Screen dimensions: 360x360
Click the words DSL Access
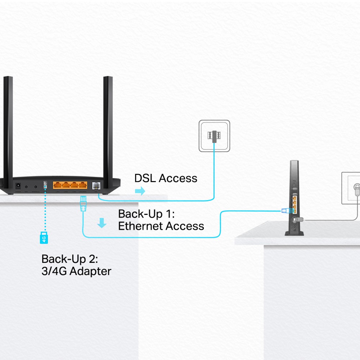point(166,178)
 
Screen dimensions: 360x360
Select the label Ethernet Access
point(161,226)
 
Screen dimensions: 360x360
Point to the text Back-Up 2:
point(70,259)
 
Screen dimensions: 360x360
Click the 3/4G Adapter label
point(76,271)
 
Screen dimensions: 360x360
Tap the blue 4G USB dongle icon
point(44,238)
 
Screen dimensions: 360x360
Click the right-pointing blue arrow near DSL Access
point(139,191)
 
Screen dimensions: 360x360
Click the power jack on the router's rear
point(17,186)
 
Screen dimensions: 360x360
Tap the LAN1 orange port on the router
point(57,186)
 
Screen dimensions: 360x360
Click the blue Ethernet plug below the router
point(82,204)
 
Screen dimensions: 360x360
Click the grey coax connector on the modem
point(297,219)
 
